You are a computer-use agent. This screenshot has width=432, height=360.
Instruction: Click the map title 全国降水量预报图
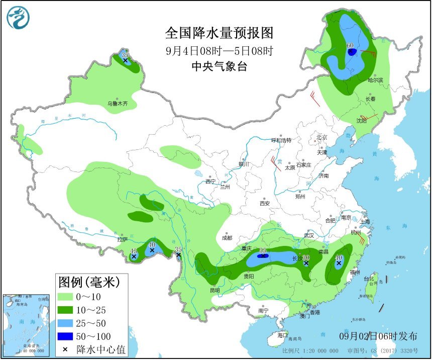click(x=220, y=34)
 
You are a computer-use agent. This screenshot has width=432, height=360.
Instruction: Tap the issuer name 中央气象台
click(x=220, y=66)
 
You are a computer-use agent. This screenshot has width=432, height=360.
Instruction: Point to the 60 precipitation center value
click(x=351, y=46)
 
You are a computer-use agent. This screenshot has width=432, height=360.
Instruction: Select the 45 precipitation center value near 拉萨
click(x=134, y=251)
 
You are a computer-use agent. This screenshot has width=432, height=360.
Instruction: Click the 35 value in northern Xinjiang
click(x=125, y=55)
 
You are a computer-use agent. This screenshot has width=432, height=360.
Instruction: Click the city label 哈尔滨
click(x=375, y=80)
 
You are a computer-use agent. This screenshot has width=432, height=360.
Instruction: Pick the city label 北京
click(x=321, y=137)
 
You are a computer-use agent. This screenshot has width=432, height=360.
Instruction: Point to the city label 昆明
click(x=215, y=290)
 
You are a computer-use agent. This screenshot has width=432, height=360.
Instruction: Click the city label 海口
click(x=283, y=335)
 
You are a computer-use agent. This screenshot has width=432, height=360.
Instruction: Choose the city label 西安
click(x=265, y=204)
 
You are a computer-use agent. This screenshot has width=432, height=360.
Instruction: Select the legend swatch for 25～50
click(x=66, y=323)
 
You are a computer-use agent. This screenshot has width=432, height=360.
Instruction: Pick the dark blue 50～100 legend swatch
click(x=66, y=336)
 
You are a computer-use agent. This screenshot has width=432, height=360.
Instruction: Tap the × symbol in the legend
click(x=65, y=349)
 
